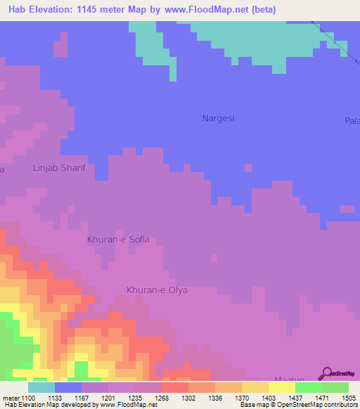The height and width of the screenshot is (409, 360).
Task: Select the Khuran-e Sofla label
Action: point(118,240)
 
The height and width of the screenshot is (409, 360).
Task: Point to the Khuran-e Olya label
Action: point(157,290)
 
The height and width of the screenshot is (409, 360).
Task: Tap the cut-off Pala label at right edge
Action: point(352,121)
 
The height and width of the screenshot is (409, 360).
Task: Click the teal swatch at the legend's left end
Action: point(41,387)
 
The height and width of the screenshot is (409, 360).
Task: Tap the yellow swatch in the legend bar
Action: point(281,387)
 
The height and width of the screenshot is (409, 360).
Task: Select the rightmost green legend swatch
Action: point(335,387)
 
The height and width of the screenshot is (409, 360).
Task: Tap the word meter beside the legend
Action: point(11,398)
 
